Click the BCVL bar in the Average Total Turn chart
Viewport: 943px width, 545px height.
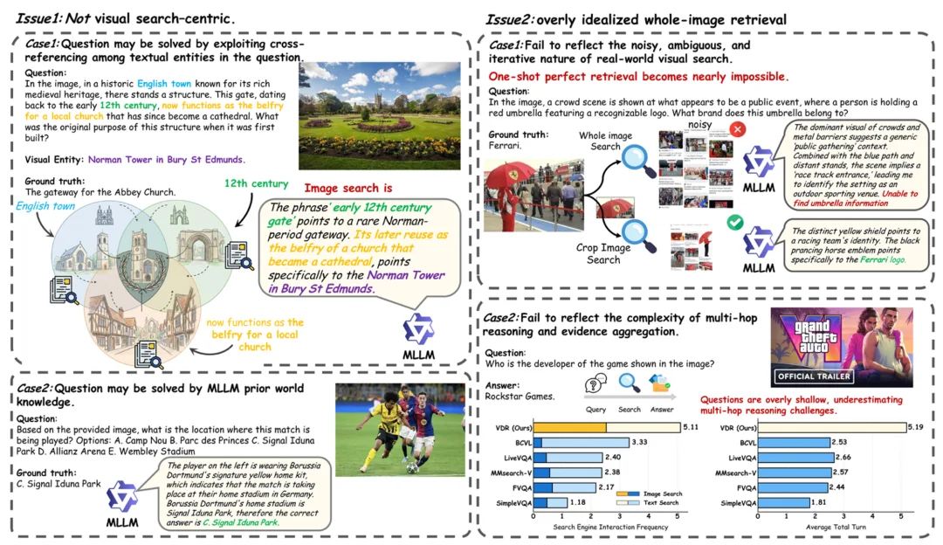795,443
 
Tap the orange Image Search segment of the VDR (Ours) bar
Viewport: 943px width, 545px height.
569,428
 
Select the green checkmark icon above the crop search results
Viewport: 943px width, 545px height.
734,223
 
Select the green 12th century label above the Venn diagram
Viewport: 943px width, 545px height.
256,183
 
